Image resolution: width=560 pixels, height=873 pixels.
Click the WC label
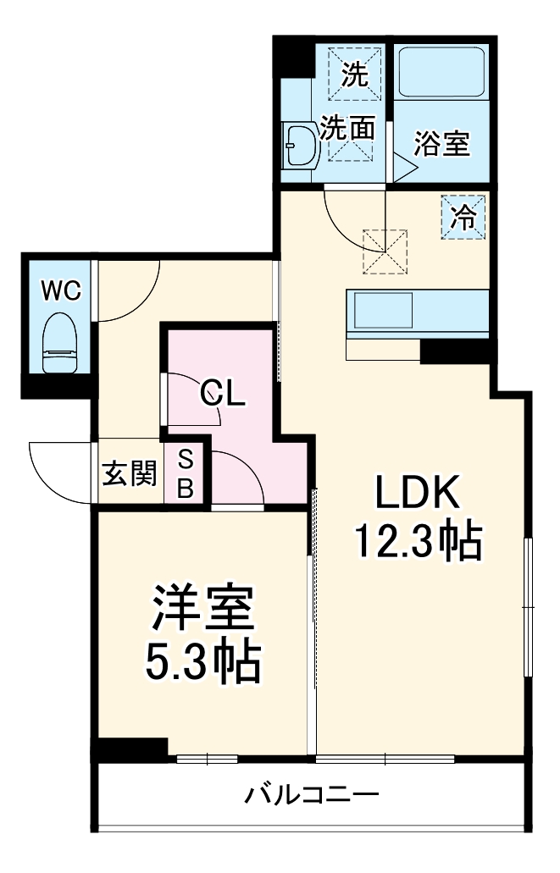[61, 290]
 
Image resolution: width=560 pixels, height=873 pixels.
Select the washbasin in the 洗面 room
[300, 146]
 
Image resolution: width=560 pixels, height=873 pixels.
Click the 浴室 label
[441, 144]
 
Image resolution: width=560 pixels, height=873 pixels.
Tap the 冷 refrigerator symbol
[463, 217]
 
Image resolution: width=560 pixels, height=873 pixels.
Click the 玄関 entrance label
[130, 474]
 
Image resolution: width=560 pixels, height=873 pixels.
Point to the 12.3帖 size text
[418, 542]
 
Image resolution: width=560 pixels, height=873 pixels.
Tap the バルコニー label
[312, 795]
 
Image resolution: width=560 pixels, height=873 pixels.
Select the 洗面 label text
[347, 129]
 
